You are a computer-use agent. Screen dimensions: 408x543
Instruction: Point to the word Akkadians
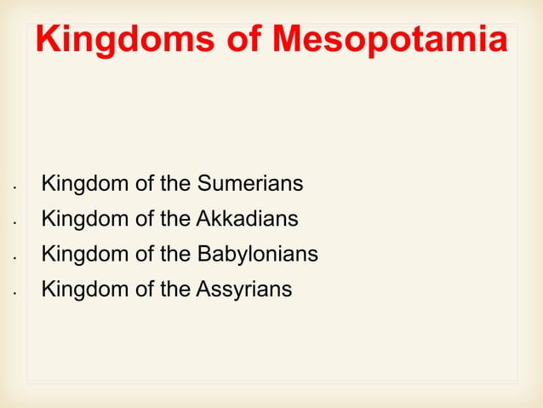(x=247, y=219)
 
